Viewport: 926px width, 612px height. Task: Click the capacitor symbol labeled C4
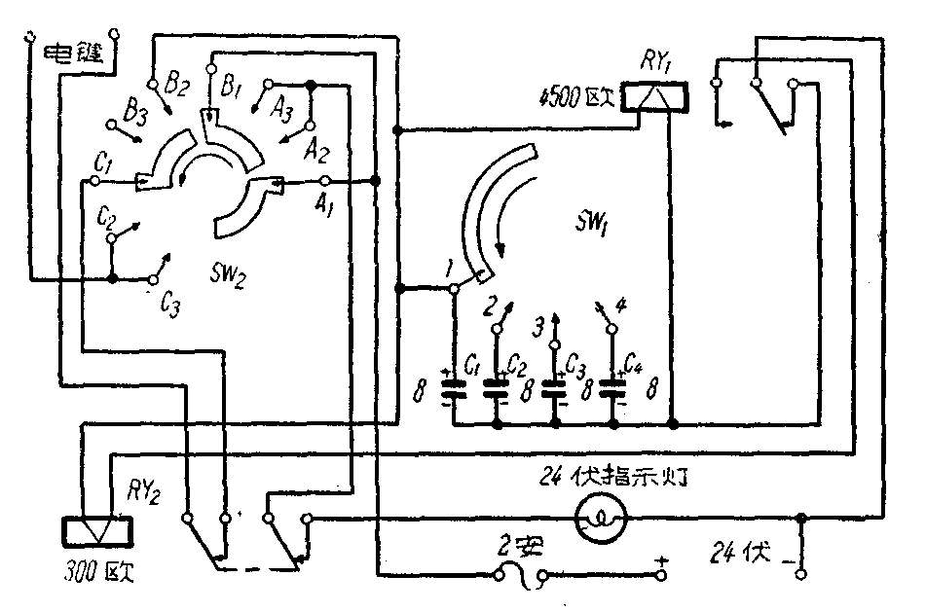[613, 388]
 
